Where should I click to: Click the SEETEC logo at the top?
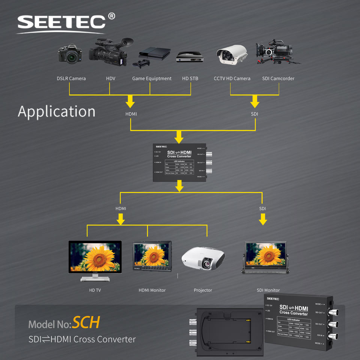click(61, 22)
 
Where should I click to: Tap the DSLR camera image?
click(70, 54)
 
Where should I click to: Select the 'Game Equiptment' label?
click(151, 79)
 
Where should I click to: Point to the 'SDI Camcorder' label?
click(278, 79)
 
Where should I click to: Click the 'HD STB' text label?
click(190, 79)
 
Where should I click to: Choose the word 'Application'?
click(57, 112)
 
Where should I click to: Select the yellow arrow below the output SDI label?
click(263, 219)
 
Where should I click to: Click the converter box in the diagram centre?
click(179, 163)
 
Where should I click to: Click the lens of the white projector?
click(207, 264)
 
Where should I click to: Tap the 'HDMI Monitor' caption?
click(152, 290)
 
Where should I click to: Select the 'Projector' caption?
click(203, 290)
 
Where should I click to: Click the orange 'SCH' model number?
click(86, 322)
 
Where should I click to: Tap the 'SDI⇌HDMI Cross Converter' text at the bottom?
click(82, 339)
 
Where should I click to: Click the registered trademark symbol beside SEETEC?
click(111, 16)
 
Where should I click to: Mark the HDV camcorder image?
click(109, 52)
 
